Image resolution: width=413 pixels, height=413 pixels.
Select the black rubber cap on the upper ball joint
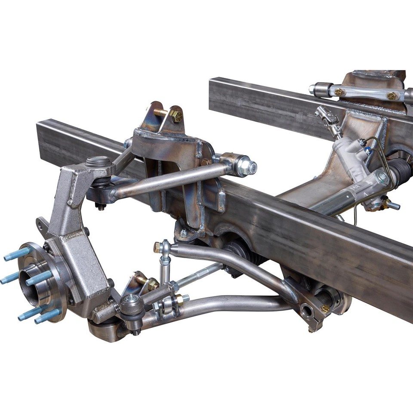[x=99, y=162]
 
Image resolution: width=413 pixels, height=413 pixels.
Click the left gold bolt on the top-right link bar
[x=339, y=92]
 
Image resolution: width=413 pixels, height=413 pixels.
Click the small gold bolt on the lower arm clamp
[x=325, y=308]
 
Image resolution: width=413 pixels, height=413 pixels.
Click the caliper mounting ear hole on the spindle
[x=42, y=224]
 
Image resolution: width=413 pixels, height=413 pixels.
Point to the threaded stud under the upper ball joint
[x=101, y=207]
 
